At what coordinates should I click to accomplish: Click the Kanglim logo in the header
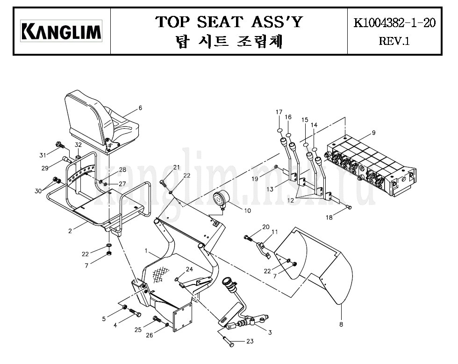pyautogui.click(x=61, y=31)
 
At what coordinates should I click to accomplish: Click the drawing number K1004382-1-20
pyautogui.click(x=394, y=22)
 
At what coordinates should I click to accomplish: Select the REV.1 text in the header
pyautogui.click(x=394, y=41)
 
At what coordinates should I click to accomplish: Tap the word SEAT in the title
pyautogui.click(x=220, y=22)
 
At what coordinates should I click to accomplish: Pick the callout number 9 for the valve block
pyautogui.click(x=373, y=133)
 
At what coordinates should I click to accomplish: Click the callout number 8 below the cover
pyautogui.click(x=341, y=324)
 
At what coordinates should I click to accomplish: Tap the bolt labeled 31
pyautogui.click(x=60, y=145)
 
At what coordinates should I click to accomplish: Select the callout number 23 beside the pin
pyautogui.click(x=250, y=341)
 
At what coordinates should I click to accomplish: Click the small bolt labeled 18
pyautogui.click(x=349, y=207)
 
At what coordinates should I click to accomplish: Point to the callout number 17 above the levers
pyautogui.click(x=279, y=112)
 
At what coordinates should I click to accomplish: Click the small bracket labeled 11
pyautogui.click(x=264, y=249)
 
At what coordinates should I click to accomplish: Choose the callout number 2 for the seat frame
pyautogui.click(x=70, y=231)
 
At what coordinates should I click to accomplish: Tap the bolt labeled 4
pyautogui.click(x=135, y=312)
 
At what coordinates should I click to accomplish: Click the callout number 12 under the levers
pyautogui.click(x=290, y=201)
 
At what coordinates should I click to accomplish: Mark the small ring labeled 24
pyautogui.click(x=177, y=279)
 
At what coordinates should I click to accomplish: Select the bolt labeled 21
pyautogui.click(x=163, y=184)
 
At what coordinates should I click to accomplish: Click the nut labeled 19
pyautogui.click(x=276, y=167)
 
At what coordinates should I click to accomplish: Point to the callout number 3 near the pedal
pyautogui.click(x=270, y=333)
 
